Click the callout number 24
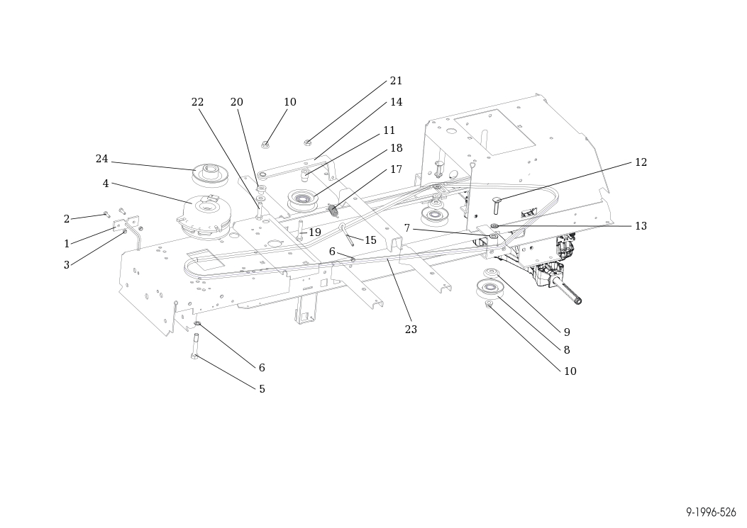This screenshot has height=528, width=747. tap(102, 159)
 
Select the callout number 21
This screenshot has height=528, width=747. tap(396, 81)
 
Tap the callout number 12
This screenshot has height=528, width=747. tap(641, 162)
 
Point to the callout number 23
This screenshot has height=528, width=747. tap(411, 330)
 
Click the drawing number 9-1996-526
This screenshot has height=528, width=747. tap(711, 512)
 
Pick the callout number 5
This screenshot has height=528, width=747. tap(262, 390)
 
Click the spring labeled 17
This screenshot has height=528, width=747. tap(334, 210)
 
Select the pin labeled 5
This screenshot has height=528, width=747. tap(195, 345)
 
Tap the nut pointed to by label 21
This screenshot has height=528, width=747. tap(308, 142)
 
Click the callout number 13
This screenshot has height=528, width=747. tap(641, 226)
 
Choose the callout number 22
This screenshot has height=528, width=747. tap(197, 102)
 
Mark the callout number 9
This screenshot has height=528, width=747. tap(567, 332)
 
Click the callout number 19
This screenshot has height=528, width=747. tap(315, 232)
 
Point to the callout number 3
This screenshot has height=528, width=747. tap(67, 265)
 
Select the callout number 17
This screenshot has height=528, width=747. tap(396, 169)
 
